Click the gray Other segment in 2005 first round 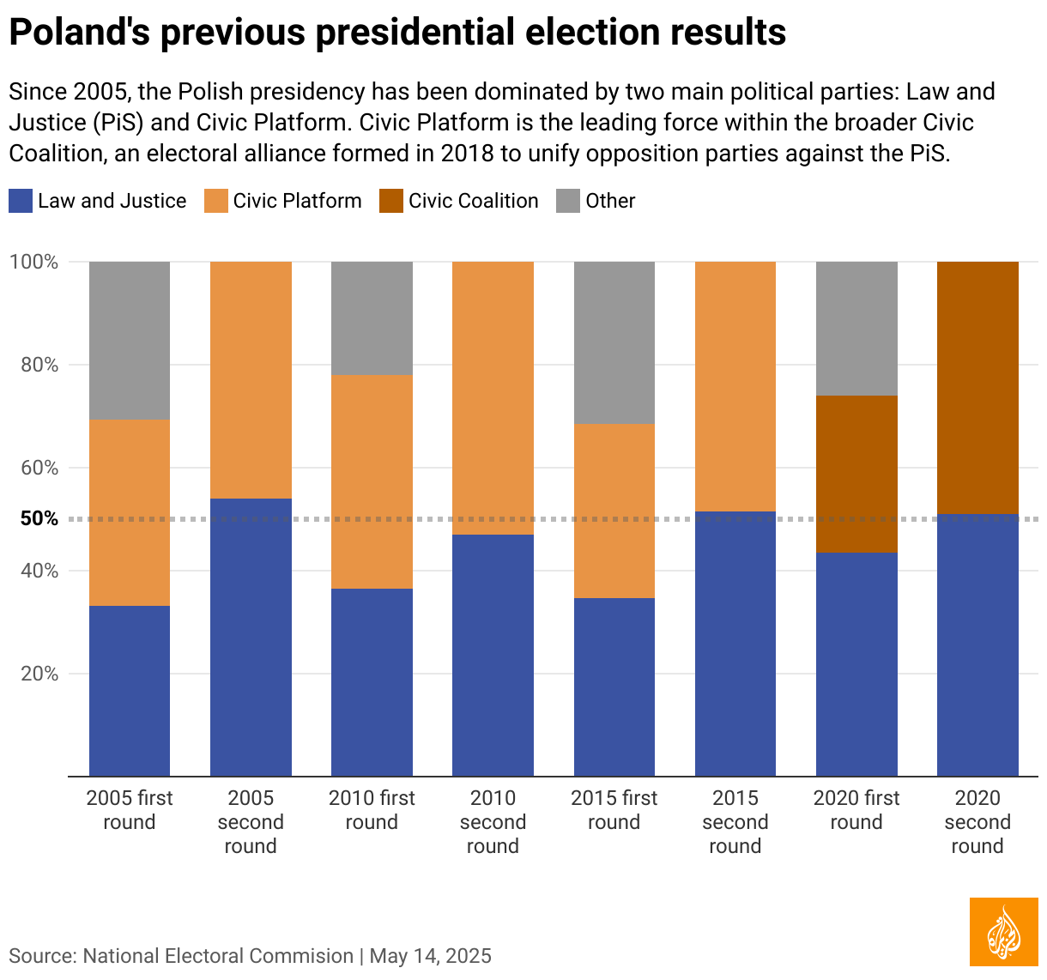click(x=130, y=341)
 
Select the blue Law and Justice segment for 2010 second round click(x=493, y=656)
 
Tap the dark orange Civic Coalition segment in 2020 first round click(x=856, y=474)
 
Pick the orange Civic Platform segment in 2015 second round click(x=735, y=386)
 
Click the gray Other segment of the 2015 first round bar click(x=614, y=342)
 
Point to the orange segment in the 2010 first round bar click(x=372, y=481)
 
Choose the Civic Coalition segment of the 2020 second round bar click(x=977, y=388)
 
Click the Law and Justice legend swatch click(x=21, y=201)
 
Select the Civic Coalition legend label click(x=473, y=201)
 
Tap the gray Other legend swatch click(x=568, y=201)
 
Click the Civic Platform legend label click(x=297, y=201)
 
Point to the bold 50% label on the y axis click(x=39, y=518)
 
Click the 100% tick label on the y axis click(x=34, y=262)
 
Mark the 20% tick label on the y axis click(x=39, y=674)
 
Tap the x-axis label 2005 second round click(x=251, y=822)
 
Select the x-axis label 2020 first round click(x=856, y=810)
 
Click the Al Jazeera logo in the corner click(x=1003, y=932)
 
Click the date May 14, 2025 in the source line click(x=431, y=956)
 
